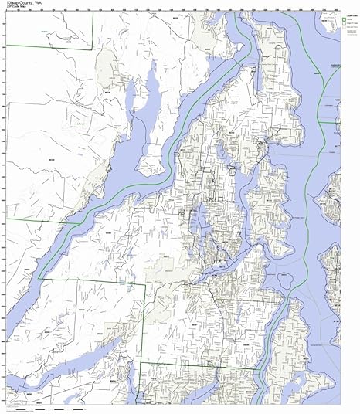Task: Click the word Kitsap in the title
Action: [11, 3]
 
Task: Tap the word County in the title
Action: [27, 3]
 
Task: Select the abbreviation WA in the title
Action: [41, 3]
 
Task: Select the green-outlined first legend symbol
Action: [344, 19]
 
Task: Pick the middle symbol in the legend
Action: [344, 25]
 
